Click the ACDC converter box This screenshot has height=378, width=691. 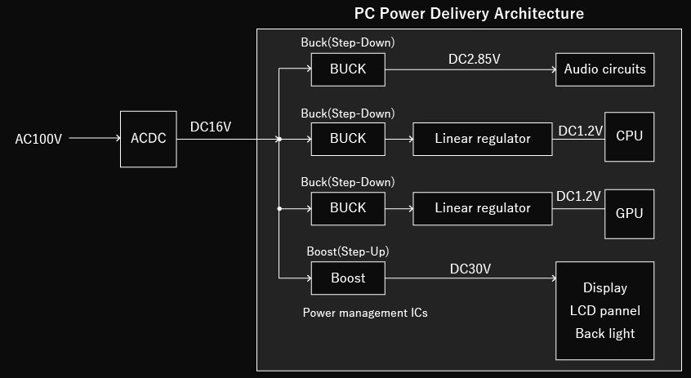click(x=148, y=139)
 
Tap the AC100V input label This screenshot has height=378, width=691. click(x=38, y=139)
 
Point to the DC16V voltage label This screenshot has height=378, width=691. click(x=211, y=127)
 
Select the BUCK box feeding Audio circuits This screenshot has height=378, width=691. click(x=348, y=69)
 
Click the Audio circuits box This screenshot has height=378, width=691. click(x=604, y=69)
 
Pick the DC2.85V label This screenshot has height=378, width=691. click(x=475, y=60)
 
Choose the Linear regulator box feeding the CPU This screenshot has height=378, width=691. click(x=482, y=139)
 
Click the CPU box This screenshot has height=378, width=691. click(x=629, y=136)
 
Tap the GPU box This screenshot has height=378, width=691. click(x=629, y=213)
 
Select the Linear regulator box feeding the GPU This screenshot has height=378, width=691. click(x=482, y=208)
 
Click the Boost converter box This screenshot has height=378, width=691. click(x=348, y=278)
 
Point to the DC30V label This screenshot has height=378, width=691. click(x=470, y=269)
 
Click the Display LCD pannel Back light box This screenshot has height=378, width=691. click(x=604, y=310)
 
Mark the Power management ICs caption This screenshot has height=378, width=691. click(x=365, y=313)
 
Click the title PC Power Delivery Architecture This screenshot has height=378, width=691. click(x=469, y=14)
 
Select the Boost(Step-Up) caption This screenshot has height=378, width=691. click(x=347, y=251)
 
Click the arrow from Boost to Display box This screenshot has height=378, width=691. click(x=470, y=278)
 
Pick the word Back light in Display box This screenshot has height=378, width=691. click(x=604, y=333)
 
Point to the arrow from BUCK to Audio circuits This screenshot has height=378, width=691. click(x=470, y=69)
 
